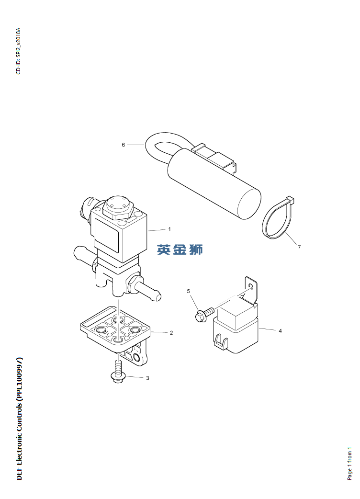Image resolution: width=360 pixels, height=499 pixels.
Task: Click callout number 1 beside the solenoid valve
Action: click(169, 229)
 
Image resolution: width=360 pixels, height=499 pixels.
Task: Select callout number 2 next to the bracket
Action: click(171, 333)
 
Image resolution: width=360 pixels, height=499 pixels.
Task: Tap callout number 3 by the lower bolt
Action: click(147, 378)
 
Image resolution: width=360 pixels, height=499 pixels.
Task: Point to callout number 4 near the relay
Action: click(280, 331)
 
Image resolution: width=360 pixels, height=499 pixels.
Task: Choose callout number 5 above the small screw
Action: click(188, 291)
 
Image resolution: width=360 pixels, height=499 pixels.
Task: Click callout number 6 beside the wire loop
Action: click(124, 145)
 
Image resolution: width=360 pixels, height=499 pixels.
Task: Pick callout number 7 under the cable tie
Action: click(299, 247)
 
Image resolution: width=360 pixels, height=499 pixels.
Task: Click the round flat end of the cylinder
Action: click(249, 204)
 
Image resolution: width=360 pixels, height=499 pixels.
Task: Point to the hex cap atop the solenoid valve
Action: click(118, 206)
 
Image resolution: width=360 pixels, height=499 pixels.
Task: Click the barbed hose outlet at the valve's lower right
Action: click(144, 287)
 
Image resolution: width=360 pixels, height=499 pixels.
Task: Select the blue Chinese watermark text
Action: click(180, 249)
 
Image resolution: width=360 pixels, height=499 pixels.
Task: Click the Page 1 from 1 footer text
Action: click(349, 464)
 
